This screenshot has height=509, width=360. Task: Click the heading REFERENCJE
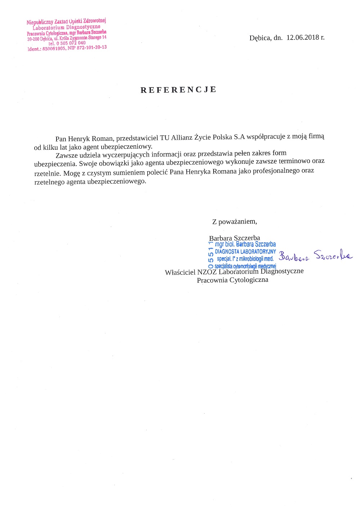(x=179, y=90)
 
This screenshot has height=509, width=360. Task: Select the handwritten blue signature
(x=315, y=256)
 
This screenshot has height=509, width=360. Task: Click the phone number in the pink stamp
(x=71, y=43)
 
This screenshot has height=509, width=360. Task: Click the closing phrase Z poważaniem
(x=234, y=221)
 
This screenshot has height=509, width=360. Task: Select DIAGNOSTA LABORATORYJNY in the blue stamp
(x=245, y=251)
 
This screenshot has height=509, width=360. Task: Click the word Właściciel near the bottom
(x=180, y=272)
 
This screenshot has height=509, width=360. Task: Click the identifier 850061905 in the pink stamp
(x=54, y=49)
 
